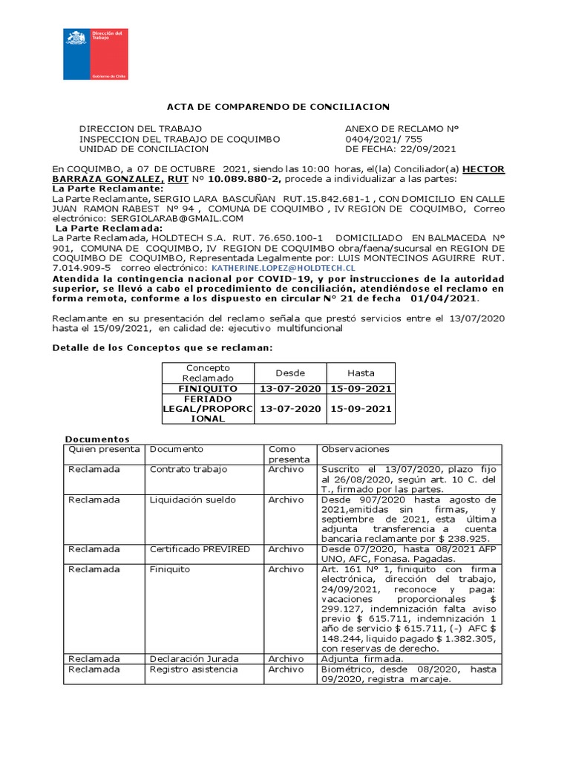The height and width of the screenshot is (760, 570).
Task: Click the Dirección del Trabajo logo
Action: click(x=95, y=54)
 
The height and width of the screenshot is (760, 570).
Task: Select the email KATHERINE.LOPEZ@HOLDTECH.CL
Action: click(x=283, y=267)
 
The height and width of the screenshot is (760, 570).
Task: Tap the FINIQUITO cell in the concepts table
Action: click(x=208, y=389)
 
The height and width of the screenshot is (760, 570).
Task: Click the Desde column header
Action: click(x=289, y=373)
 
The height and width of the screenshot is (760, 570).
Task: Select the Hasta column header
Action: click(x=361, y=373)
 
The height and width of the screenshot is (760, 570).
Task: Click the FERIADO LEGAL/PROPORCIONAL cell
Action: click(x=208, y=409)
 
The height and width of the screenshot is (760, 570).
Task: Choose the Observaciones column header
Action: click(x=355, y=449)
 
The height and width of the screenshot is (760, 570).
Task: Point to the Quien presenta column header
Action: click(x=103, y=449)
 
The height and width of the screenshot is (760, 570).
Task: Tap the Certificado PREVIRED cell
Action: click(x=200, y=549)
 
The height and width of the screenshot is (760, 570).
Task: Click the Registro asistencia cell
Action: click(x=194, y=669)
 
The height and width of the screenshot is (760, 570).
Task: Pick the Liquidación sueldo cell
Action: click(x=189, y=499)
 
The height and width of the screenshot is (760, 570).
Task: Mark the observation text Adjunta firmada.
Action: click(x=361, y=658)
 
